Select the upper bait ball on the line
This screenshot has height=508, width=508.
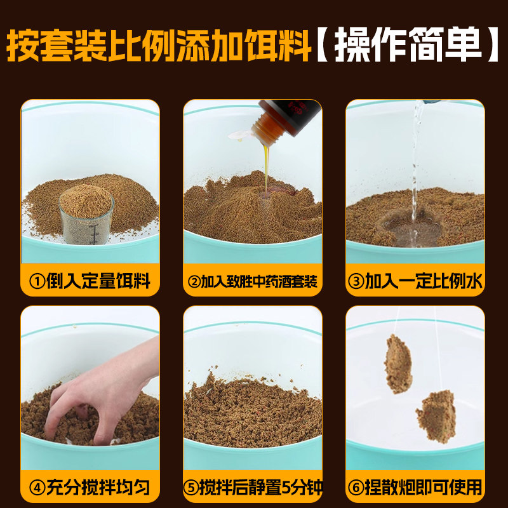[398, 363]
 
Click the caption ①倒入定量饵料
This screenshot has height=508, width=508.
[90, 281]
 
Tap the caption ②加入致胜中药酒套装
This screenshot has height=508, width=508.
[253, 281]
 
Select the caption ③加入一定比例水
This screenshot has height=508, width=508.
[415, 281]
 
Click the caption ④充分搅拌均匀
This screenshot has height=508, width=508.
[90, 488]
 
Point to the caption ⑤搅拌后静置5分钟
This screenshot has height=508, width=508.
[253, 488]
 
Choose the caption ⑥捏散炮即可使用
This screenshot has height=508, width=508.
[415, 488]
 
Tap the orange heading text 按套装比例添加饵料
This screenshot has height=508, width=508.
[159, 44]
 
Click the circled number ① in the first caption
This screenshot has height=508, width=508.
[37, 281]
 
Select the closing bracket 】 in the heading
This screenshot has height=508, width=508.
[494, 45]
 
